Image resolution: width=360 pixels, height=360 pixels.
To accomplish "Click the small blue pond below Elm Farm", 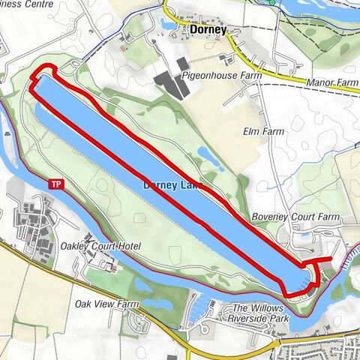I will (204, 154).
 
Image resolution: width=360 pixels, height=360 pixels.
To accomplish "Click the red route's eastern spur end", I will (330, 259).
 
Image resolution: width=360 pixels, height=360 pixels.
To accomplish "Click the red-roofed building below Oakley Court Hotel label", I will (112, 267).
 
